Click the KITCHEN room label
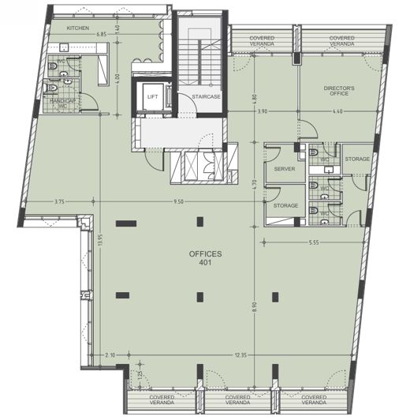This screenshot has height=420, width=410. coord(78,28)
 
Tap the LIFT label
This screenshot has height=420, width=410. coord(153,96)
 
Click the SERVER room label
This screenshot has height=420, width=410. coord(284,170)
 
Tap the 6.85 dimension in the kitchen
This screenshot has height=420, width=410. coord(102,35)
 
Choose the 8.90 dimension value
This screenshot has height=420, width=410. coord(254,305)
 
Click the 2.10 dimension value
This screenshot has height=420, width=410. coord(110,356)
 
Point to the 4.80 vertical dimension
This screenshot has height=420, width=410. coord(254,100)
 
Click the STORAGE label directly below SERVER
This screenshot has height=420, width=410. coord(285,206)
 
